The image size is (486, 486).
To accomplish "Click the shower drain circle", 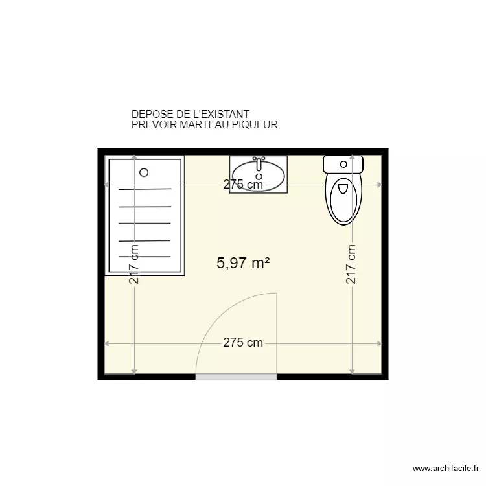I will point(144,172).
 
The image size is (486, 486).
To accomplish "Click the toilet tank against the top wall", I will point(343,163).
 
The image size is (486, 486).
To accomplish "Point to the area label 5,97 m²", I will point(243,263).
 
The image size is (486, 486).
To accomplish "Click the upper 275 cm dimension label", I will point(243,185).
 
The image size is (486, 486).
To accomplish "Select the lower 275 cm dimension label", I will point(243,343).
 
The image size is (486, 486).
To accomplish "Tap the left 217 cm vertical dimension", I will point(134,264).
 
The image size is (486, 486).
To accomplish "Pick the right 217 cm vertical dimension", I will point(351,264).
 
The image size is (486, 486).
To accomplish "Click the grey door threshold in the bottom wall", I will point(237,376).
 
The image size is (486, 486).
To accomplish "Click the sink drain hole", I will point(259,176).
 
